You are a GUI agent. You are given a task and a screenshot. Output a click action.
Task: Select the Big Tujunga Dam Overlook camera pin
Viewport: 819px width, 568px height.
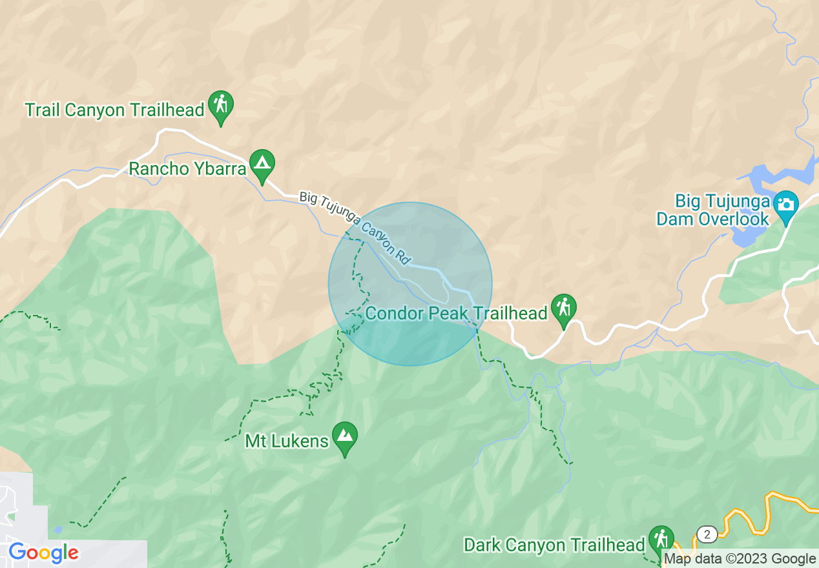(785, 206)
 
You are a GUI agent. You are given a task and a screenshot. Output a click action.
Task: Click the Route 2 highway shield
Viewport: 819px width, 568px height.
(707, 534)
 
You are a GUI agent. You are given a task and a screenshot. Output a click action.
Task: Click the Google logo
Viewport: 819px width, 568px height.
(43, 553)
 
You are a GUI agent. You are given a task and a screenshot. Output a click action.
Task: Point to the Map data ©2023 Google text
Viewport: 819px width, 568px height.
(740, 559)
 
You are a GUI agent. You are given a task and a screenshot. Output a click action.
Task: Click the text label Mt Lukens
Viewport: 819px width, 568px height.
(287, 441)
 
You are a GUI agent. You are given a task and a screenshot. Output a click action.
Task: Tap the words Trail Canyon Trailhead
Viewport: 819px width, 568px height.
(114, 110)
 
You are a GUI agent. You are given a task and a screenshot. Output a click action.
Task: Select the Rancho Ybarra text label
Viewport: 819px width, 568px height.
(187, 169)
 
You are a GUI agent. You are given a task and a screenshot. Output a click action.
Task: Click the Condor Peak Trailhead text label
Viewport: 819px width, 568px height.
(456, 314)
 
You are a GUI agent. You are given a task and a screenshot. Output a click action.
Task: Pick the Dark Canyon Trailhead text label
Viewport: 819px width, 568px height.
(554, 545)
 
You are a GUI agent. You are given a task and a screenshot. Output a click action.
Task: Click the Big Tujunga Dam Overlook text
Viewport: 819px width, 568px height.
(713, 210)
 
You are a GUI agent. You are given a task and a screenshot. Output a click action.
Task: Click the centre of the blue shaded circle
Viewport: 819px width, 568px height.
(410, 284)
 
